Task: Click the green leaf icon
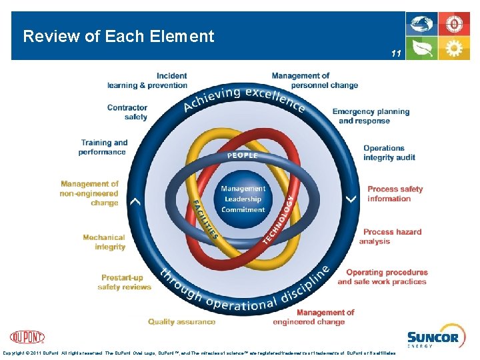[x=422, y=49]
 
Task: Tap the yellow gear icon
[x=454, y=49]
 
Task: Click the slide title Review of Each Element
[x=119, y=37]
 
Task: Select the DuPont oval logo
[x=27, y=337]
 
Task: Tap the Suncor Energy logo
[x=433, y=339]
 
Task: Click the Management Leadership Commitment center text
[x=243, y=199]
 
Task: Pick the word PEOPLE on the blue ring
[x=243, y=155]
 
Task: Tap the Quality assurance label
[x=181, y=321]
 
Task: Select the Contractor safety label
[x=127, y=112]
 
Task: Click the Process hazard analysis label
[x=392, y=237]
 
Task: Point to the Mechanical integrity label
[x=104, y=242]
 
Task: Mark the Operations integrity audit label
[x=389, y=153]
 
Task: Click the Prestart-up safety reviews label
[x=124, y=282]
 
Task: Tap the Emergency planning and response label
[x=371, y=116]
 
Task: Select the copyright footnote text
[x=199, y=353]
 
